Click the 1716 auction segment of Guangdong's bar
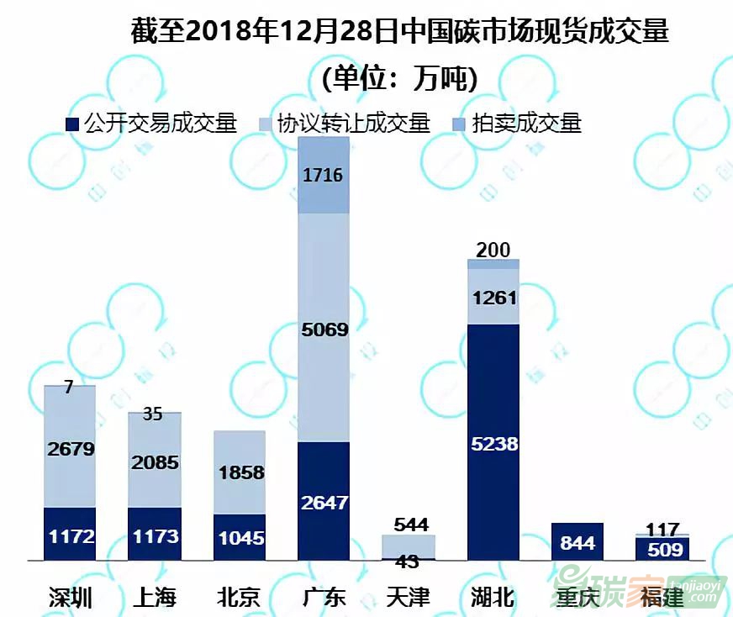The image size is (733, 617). coord(324,176)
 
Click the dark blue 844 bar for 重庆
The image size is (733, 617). coord(577,542)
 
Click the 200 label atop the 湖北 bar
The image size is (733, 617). coord(493,249)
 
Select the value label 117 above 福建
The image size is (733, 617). coord(662,528)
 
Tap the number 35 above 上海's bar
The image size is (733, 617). coord(153,414)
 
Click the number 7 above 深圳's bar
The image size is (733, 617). coord(69,387)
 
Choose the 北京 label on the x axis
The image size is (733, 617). coord(239,598)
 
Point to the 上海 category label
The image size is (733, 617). coord(155,598)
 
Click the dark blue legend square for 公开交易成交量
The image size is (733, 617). coord(72,124)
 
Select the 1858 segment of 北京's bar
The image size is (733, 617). coord(239,472)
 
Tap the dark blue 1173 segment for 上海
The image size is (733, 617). coord(155,534)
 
